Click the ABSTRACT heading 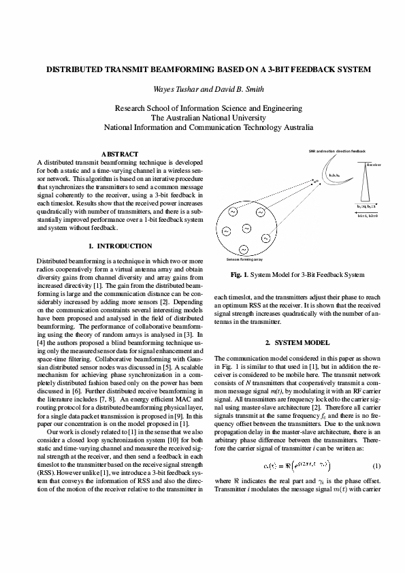[120, 154]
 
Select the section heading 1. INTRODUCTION [120, 246]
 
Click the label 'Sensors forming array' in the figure [245, 260]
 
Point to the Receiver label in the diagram [374, 165]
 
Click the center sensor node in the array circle [246, 227]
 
